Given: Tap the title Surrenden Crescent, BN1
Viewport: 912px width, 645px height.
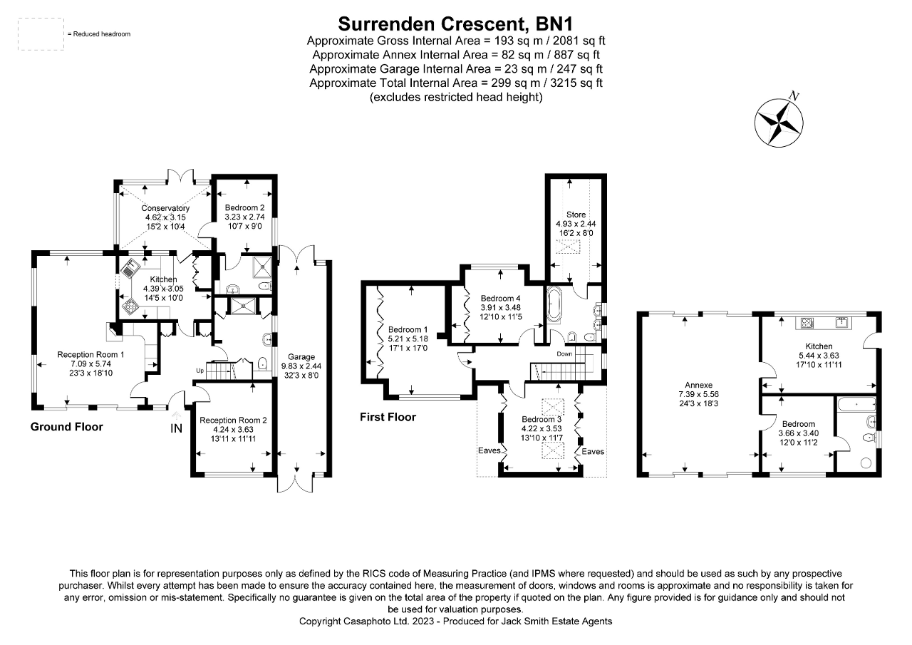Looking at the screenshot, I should click(456, 23).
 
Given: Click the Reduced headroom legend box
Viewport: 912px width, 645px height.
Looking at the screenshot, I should click(41, 34).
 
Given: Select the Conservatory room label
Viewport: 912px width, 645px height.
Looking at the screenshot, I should click(165, 208).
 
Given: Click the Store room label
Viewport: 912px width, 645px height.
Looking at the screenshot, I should click(576, 214).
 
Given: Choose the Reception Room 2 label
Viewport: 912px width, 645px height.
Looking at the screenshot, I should click(233, 420).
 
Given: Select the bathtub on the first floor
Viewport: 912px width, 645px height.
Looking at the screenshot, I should click(555, 306).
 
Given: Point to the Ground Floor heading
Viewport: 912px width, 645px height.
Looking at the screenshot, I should click(66, 427).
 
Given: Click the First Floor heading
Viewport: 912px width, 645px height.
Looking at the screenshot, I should click(388, 417).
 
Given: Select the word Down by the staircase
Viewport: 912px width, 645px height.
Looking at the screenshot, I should click(565, 354).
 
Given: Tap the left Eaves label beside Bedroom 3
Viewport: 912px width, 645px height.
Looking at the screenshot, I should click(488, 451).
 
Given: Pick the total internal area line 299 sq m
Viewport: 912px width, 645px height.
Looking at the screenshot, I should click(456, 83).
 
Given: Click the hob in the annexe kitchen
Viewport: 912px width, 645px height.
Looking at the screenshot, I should click(807, 322).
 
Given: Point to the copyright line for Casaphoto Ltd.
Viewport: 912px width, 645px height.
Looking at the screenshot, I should click(456, 621).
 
